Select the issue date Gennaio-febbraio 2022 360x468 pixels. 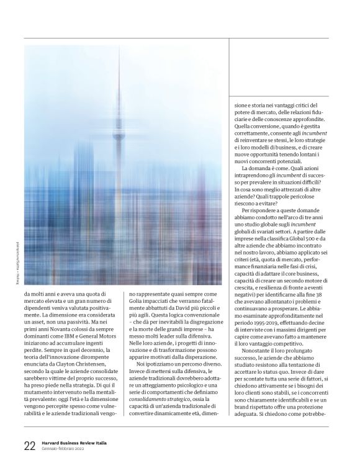pyautogui.click(x=67, y=449)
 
